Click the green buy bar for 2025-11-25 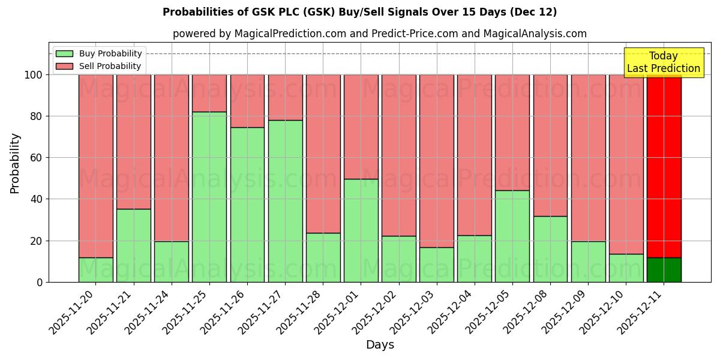209,197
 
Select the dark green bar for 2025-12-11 664,269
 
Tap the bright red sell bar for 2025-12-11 664,166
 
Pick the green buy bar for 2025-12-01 361,230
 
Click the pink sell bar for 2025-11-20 96,166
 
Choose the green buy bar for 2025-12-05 512,236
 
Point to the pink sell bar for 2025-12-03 436,161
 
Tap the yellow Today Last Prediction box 663,62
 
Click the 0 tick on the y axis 40,282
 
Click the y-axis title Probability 15,163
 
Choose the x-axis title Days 380,345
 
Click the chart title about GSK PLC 359,12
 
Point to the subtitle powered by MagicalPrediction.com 379,34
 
